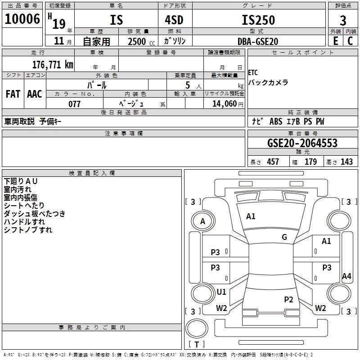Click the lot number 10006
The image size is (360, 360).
[22, 19]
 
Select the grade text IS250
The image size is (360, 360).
[258, 20]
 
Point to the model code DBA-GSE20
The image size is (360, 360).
[257, 41]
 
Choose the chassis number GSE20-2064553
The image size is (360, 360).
[302, 144]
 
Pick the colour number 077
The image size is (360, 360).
[74, 104]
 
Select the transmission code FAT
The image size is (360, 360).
[13, 94]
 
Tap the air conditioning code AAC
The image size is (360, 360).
[35, 94]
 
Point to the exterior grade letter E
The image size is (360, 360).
[335, 41]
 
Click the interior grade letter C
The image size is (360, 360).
[350, 41]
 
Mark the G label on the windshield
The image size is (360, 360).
[284, 237]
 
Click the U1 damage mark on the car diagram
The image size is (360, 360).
[221, 292]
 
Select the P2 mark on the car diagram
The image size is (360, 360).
[288, 299]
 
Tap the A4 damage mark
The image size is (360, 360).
[346, 276]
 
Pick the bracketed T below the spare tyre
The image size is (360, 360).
[197, 344]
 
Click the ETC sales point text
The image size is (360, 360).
[253, 73]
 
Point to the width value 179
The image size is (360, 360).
[310, 162]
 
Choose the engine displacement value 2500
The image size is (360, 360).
[136, 41]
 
